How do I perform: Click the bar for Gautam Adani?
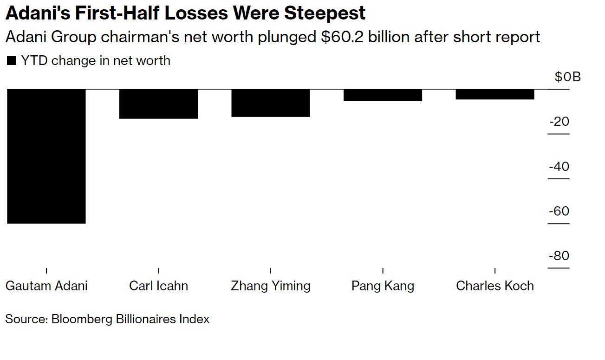tap(46, 156)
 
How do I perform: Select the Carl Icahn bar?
tap(158, 104)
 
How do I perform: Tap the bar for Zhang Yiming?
tap(271, 103)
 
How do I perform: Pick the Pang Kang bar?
tap(383, 95)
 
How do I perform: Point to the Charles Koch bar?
tap(495, 94)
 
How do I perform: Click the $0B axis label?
tap(567, 77)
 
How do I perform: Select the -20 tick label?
tap(559, 122)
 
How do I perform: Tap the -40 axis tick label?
tap(559, 166)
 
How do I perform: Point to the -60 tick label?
tap(559, 211)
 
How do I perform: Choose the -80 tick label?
tap(559, 256)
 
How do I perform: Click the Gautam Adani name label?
tap(46, 286)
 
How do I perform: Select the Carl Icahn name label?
tap(158, 286)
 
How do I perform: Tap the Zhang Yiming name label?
tap(271, 286)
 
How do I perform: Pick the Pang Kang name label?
tap(383, 286)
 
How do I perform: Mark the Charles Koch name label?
tap(495, 286)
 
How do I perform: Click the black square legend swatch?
tap(12, 60)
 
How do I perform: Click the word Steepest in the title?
tap(325, 13)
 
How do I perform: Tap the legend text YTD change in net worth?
tap(96, 60)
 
